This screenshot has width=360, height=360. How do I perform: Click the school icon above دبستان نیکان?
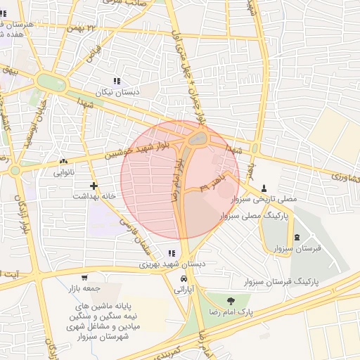[116, 82]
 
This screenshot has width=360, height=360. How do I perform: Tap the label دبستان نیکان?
[118, 92]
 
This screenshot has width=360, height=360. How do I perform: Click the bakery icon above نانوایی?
[64, 161]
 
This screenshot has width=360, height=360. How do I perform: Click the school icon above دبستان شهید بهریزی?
[171, 253]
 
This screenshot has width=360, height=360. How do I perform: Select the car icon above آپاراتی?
[184, 278]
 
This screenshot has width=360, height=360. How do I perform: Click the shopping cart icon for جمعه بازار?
[84, 278]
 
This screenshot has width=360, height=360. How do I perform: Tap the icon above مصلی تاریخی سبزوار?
[264, 188]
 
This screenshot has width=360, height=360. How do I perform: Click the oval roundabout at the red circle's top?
[198, 139]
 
